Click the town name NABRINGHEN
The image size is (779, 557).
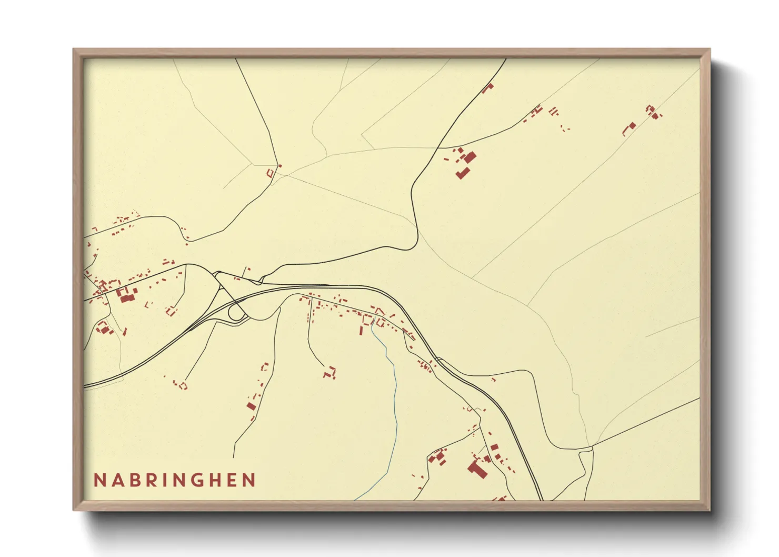point(175,480)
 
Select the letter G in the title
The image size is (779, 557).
point(212,480)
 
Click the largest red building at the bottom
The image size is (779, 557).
point(477,468)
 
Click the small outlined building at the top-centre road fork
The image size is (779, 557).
point(271,173)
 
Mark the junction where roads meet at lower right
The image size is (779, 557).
point(592,448)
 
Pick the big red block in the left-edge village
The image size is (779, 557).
point(126,297)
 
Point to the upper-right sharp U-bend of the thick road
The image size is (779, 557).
point(416,243)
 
